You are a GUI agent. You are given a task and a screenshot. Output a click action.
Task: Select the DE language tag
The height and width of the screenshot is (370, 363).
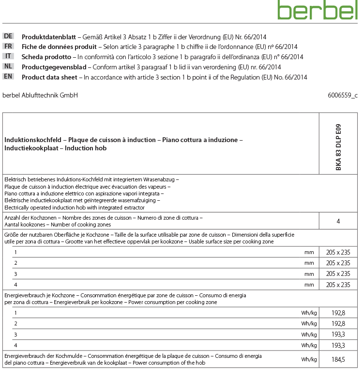(8, 36)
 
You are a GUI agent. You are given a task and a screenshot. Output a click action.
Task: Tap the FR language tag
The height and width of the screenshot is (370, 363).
(8, 46)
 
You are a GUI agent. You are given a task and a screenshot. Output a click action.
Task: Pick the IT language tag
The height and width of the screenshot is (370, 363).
(8, 56)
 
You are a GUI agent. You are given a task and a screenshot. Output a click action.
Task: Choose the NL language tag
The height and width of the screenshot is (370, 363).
(8, 66)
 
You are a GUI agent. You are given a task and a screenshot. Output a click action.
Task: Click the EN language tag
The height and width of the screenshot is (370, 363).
(8, 77)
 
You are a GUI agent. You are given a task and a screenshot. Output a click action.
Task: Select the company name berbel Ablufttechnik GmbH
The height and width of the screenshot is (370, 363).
(40, 96)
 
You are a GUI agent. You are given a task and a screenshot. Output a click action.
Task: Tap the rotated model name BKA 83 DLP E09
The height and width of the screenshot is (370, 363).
(338, 143)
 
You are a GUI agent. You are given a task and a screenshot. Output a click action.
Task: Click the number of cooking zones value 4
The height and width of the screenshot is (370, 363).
(338, 221)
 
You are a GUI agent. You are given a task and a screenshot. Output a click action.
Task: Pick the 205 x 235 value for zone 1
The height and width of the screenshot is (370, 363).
(338, 252)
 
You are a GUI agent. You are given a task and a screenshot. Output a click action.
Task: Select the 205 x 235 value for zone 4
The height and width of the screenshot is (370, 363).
(338, 285)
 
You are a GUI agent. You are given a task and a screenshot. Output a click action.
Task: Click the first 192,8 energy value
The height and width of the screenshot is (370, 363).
(338, 313)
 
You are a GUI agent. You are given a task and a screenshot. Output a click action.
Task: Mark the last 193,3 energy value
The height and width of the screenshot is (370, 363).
(338, 345)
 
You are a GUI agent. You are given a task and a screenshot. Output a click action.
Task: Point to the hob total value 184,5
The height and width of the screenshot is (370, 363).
(338, 359)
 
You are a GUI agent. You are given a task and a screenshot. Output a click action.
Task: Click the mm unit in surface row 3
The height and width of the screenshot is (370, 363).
(309, 274)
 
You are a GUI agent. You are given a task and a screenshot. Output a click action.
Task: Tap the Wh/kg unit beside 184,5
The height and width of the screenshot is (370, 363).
(309, 359)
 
